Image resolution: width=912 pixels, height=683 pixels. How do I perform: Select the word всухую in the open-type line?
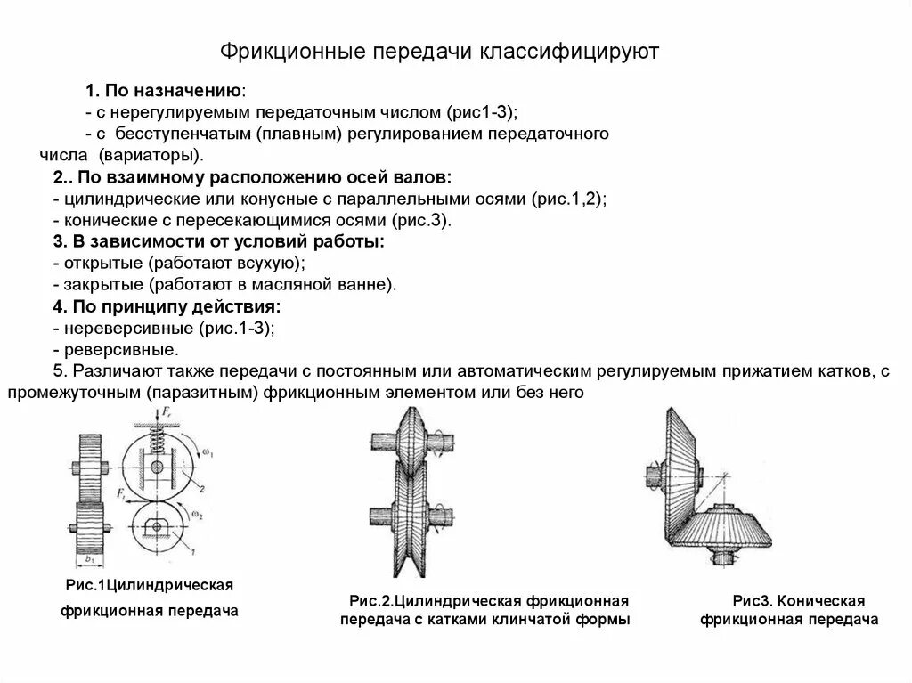(x=274, y=264)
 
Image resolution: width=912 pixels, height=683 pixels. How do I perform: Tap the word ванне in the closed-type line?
(x=369, y=286)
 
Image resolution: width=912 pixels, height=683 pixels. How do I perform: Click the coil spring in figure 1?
(x=156, y=435)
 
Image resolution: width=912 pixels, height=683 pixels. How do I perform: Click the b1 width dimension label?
(x=89, y=559)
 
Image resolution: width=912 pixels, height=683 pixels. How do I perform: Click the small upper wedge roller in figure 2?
(x=413, y=441)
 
